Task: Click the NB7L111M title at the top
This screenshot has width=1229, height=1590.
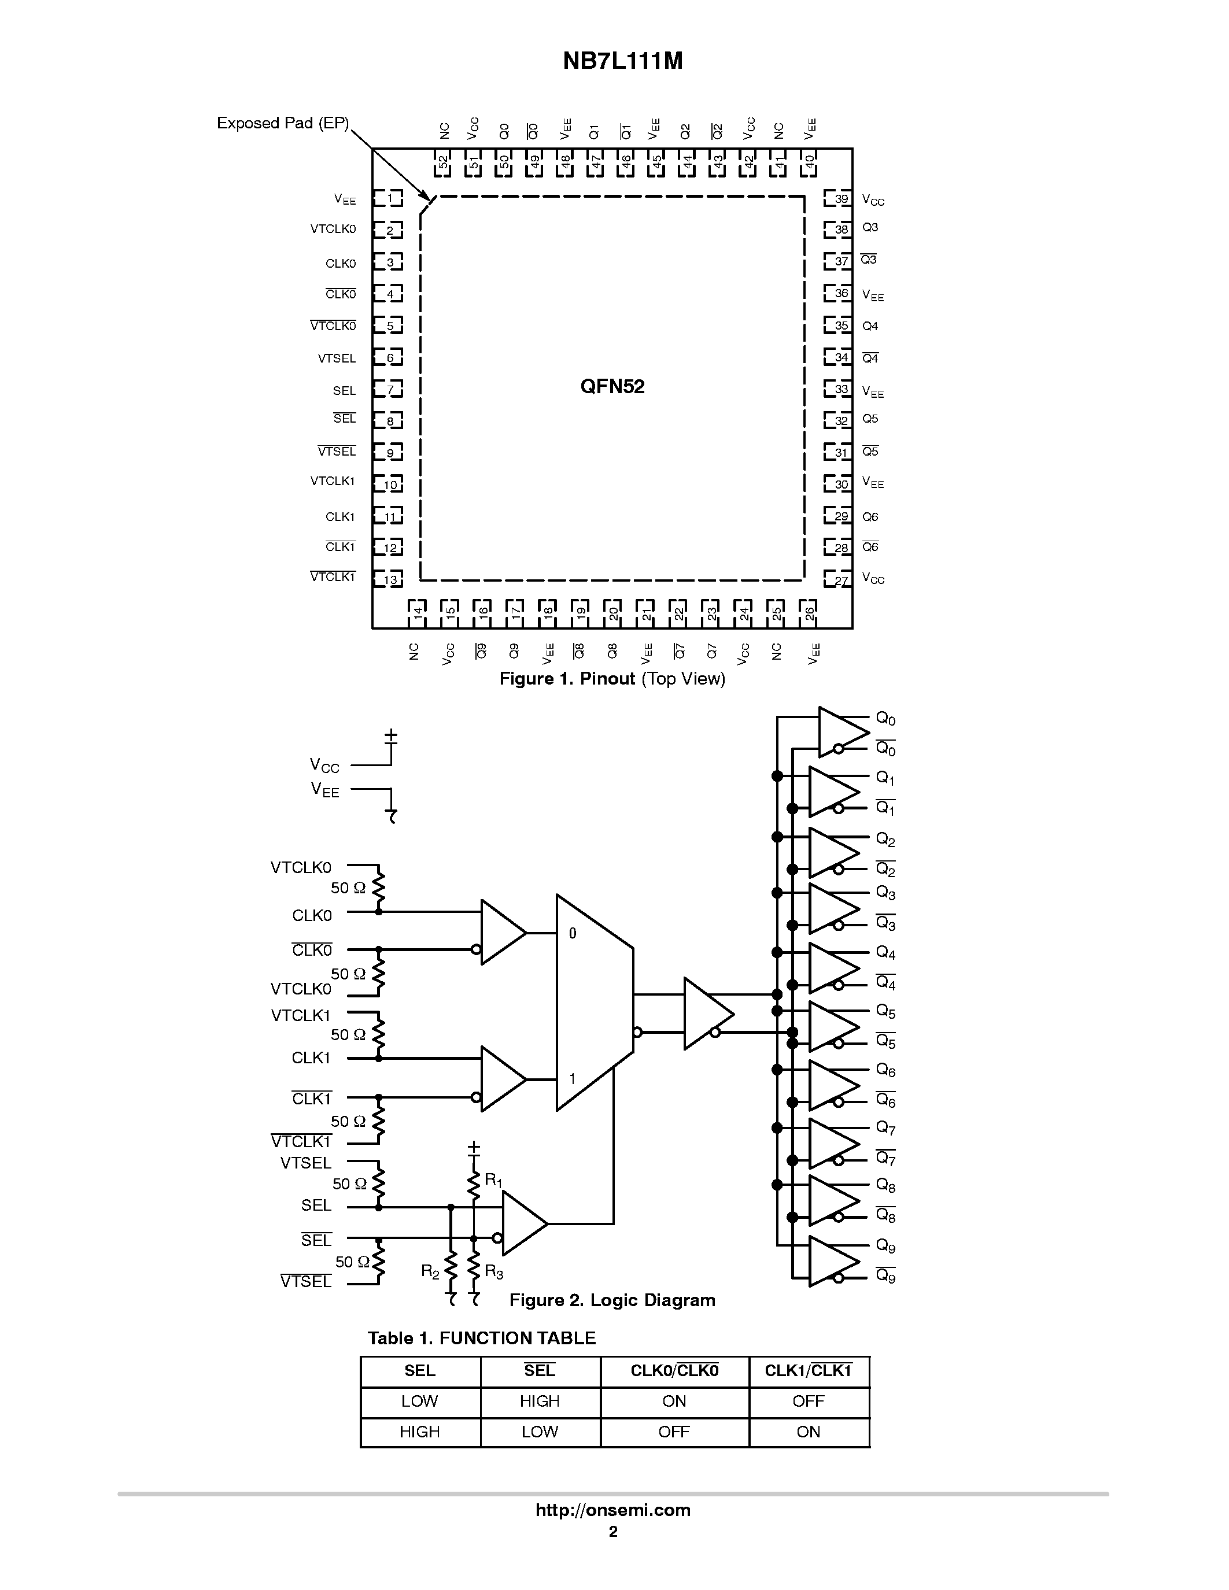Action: [x=622, y=61]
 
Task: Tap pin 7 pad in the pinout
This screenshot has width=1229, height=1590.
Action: [x=389, y=390]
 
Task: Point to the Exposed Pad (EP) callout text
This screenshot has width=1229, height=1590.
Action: [x=282, y=123]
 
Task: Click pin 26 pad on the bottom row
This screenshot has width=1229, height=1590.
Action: [x=807, y=612]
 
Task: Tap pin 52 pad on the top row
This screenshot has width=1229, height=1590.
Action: [x=442, y=163]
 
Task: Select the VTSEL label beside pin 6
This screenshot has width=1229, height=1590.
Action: [x=337, y=358]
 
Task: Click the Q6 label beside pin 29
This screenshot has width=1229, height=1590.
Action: [x=870, y=517]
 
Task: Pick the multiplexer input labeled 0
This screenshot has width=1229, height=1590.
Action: [x=572, y=933]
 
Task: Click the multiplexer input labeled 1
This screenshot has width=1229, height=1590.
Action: [x=572, y=1079]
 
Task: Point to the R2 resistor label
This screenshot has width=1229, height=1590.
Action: [x=430, y=1271]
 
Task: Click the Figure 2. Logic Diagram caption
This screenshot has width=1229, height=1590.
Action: [x=611, y=1300]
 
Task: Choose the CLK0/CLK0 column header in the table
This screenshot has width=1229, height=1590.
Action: [x=674, y=1371]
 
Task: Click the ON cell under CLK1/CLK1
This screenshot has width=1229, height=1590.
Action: [x=808, y=1432]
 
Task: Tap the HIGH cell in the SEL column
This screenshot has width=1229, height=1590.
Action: [x=419, y=1432]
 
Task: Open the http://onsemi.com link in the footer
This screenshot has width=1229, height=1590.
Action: [x=613, y=1510]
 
